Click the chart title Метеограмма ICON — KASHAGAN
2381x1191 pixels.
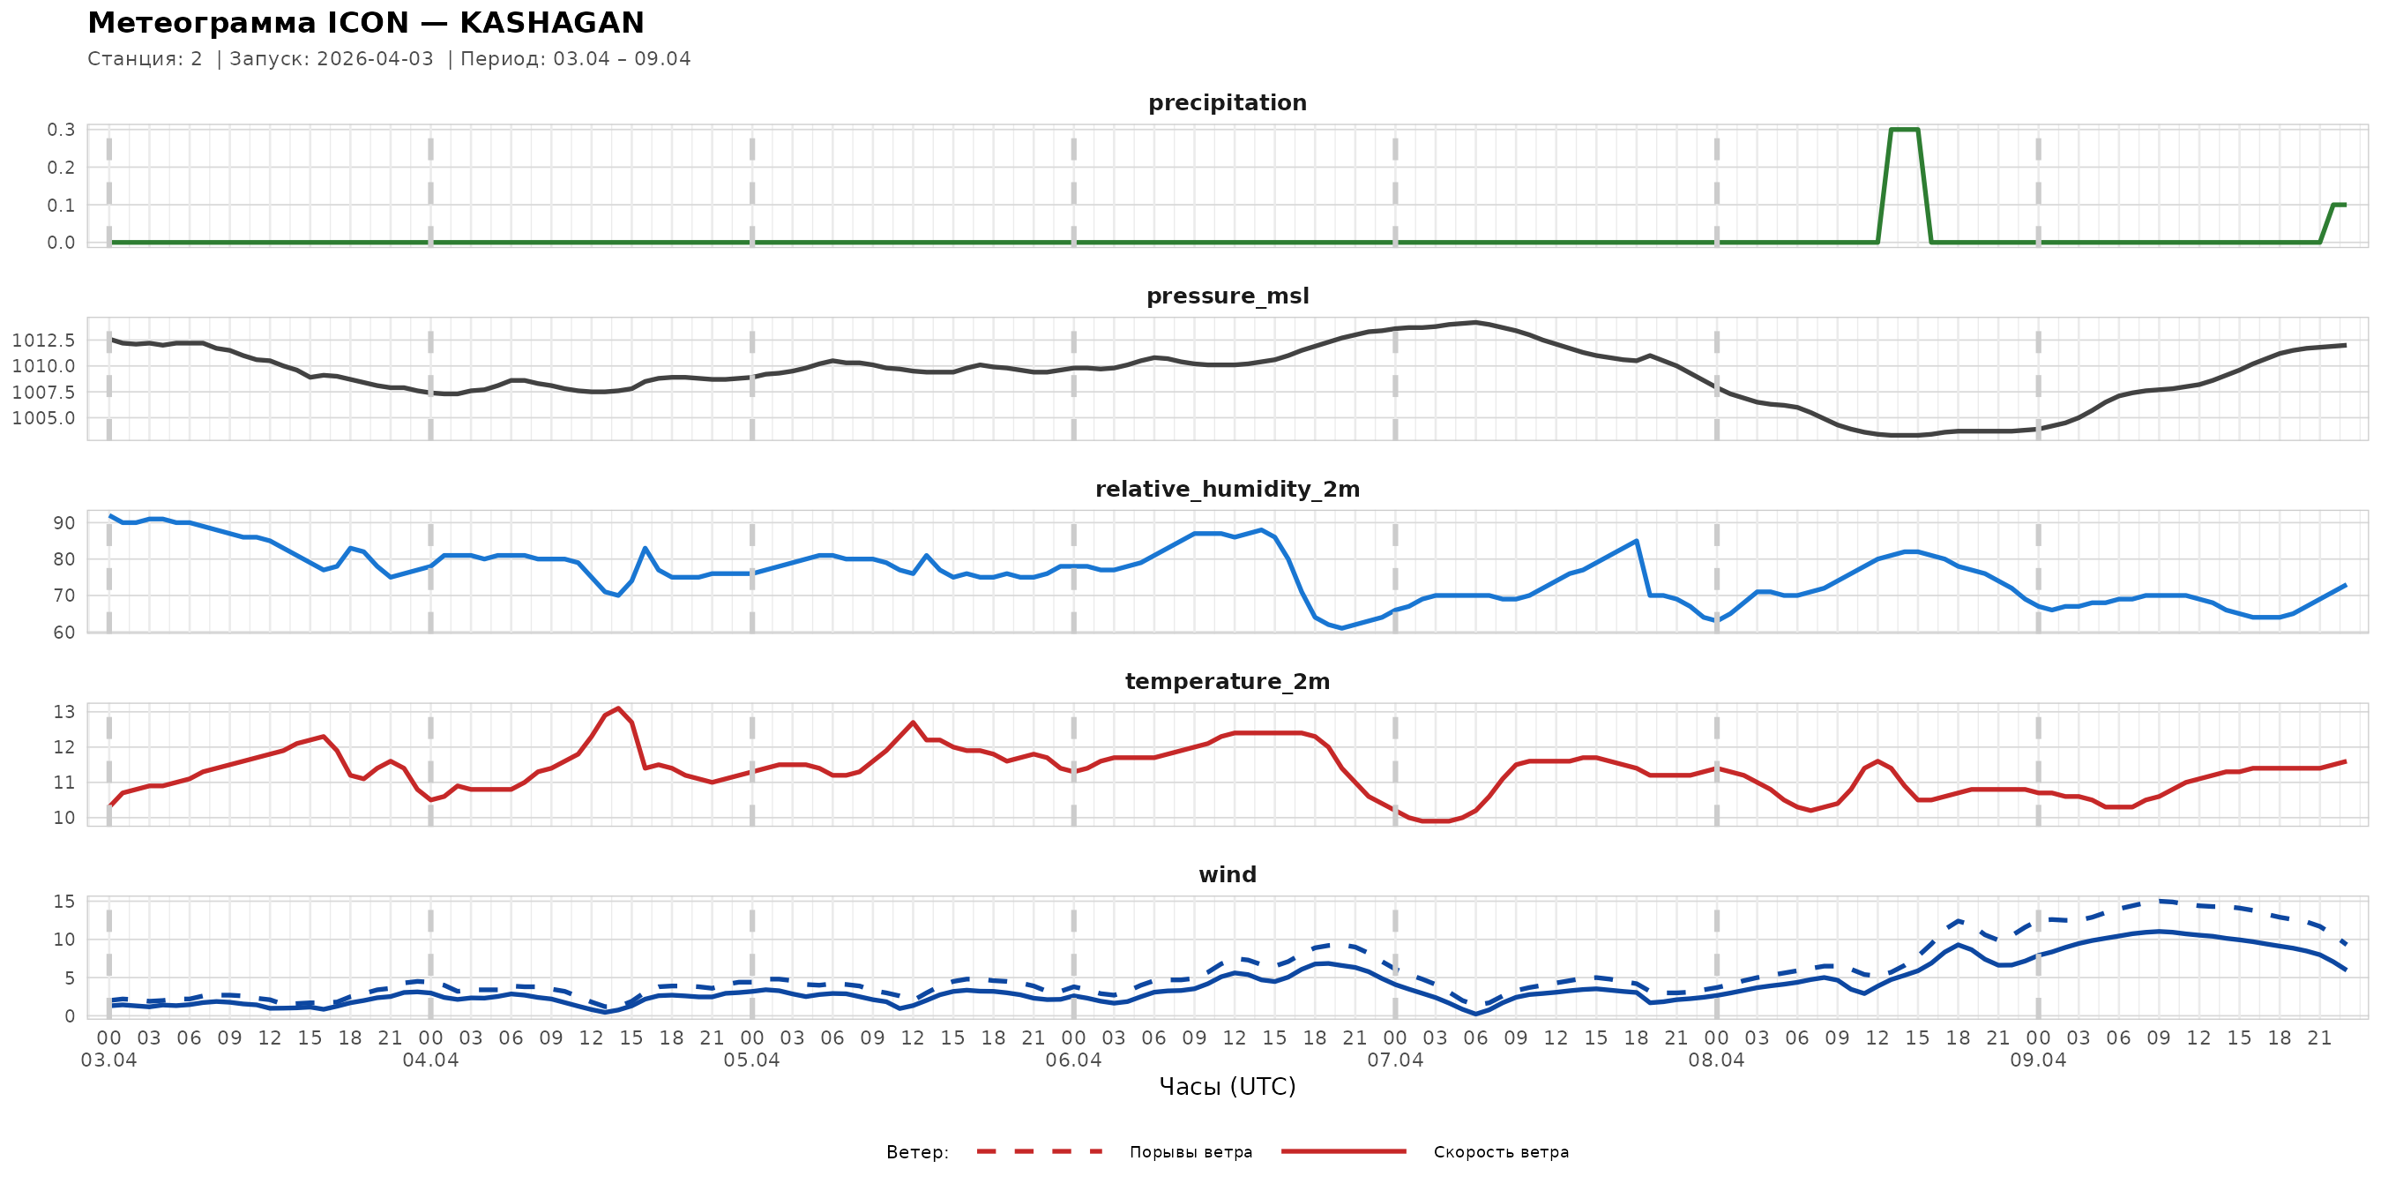click(x=365, y=22)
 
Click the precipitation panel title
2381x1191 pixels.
click(x=1227, y=102)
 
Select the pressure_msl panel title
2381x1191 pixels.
click(x=1227, y=296)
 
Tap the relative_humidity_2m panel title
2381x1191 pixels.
click(x=1227, y=489)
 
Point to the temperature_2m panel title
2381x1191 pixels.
click(x=1227, y=681)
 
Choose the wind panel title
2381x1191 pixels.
click(x=1227, y=875)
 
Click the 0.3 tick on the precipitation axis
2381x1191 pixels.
click(x=61, y=130)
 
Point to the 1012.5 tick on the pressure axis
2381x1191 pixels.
click(x=43, y=341)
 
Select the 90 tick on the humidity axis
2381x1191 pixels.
click(x=63, y=522)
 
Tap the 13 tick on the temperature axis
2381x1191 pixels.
click(x=63, y=712)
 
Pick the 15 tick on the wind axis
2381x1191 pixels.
click(x=63, y=902)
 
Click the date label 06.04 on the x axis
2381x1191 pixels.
click(x=1073, y=1060)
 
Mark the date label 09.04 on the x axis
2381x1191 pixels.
click(x=2037, y=1060)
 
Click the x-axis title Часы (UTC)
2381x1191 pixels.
click(x=1227, y=1087)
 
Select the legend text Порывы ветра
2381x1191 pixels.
click(x=1190, y=1152)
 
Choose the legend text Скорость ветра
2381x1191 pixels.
click(x=1500, y=1152)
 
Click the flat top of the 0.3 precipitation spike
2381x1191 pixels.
click(x=1904, y=130)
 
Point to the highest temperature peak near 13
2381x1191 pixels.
click(x=617, y=708)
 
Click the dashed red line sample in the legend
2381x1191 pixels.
click(x=1039, y=1151)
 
